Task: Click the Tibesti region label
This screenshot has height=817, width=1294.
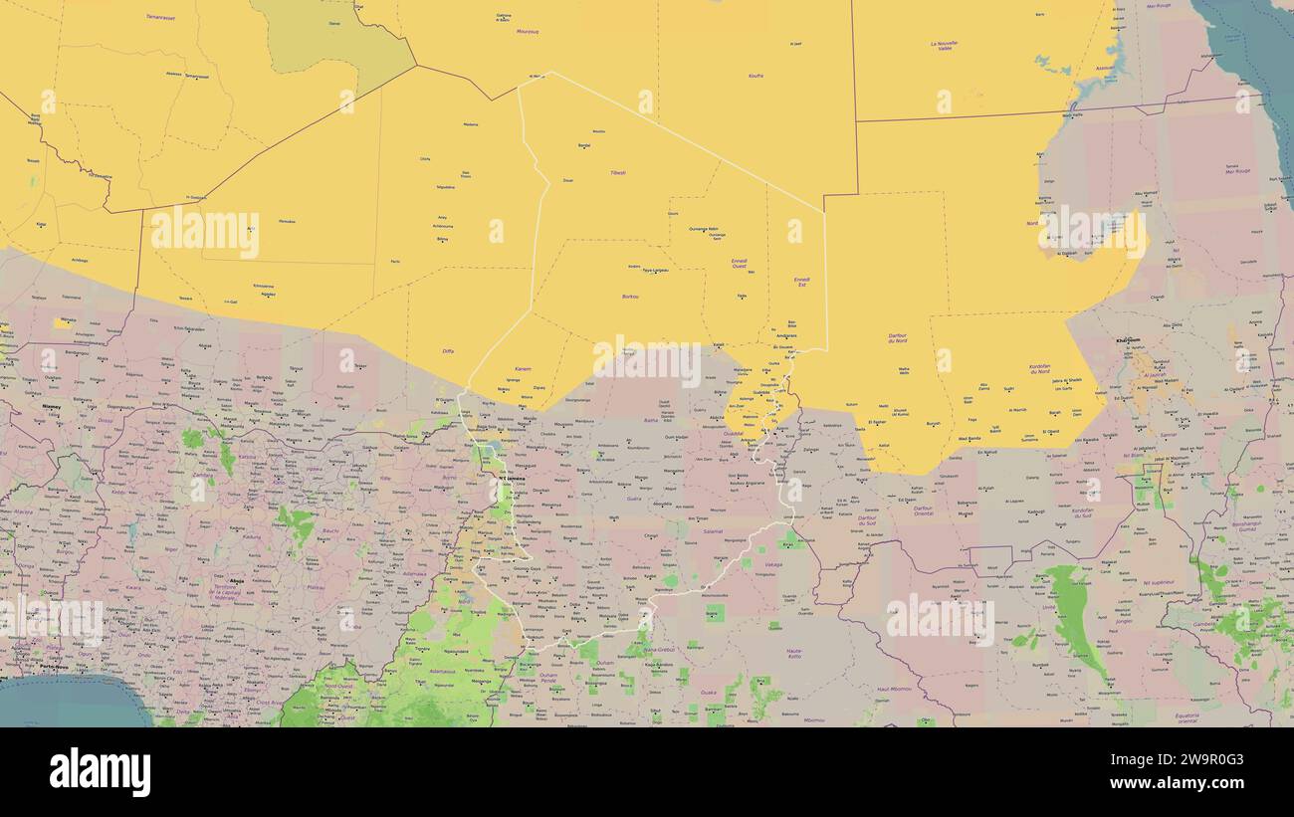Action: coord(617,172)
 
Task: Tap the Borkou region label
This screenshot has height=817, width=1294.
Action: coord(630,297)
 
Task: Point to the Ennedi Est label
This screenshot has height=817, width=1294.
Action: coord(802,282)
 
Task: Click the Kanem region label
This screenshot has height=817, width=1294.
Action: coord(523,369)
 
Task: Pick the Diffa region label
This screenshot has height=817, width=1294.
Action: coord(447,350)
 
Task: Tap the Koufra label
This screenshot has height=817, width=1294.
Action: coord(756,76)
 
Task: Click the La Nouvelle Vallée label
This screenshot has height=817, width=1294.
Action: coord(944,46)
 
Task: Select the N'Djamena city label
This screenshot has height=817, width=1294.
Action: coord(513,479)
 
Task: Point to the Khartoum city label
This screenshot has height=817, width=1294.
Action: coord(1128,340)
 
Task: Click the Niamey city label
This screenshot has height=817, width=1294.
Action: coord(51,406)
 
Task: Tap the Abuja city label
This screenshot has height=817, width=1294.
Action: coord(236,580)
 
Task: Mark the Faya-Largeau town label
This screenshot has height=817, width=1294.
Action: coord(654,270)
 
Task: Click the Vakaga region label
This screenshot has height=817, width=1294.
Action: coord(772,564)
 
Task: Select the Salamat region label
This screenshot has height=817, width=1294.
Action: coord(713,531)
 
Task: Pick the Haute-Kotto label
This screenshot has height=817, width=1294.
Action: coord(794,654)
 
